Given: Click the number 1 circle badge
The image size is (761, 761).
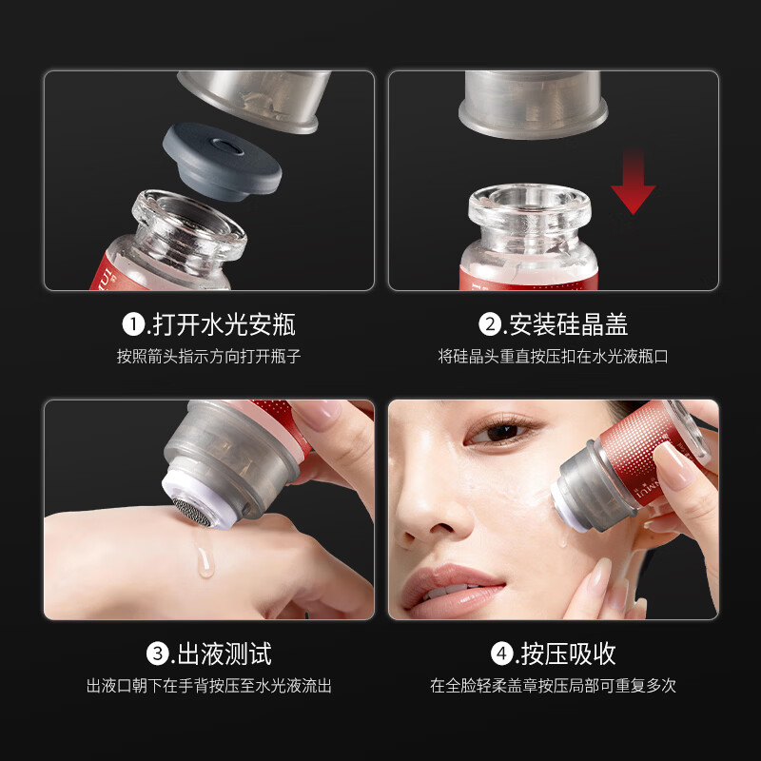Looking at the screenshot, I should (x=133, y=324).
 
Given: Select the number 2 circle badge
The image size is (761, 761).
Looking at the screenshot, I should (x=490, y=324).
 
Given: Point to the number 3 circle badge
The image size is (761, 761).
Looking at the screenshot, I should (x=158, y=654).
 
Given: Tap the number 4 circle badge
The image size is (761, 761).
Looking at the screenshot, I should (x=501, y=654).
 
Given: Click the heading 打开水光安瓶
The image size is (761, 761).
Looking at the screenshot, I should (x=223, y=324).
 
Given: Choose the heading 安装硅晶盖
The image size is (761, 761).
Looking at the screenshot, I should (x=568, y=324).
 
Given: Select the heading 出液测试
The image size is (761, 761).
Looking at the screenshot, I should (x=223, y=654).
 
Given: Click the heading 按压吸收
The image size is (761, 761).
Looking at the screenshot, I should (x=568, y=654).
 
